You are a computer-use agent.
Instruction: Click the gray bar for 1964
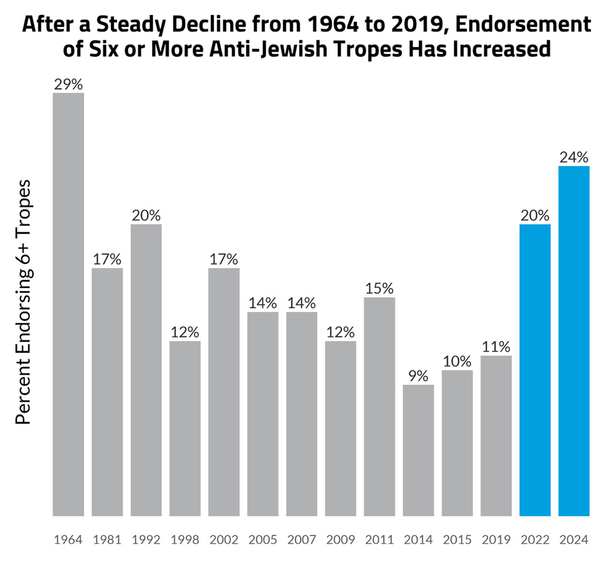[x=68, y=304]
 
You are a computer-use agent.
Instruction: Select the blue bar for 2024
[x=574, y=340]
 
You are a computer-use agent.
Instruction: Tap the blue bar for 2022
[x=535, y=369]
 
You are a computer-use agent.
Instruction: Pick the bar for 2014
[x=418, y=450]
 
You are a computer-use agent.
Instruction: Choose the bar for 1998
[x=185, y=428]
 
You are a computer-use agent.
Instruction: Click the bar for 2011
[x=379, y=406]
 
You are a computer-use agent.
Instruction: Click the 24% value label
[x=574, y=158]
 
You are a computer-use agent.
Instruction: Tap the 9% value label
[x=418, y=376]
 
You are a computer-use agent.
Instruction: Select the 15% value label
[x=379, y=289]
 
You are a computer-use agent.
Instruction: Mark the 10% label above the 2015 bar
[x=457, y=362]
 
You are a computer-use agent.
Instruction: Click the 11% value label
[x=496, y=347]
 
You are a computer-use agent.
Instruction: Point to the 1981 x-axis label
[x=107, y=539]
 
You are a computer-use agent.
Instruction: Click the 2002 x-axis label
[x=224, y=539]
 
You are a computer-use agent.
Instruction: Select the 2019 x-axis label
[x=496, y=539]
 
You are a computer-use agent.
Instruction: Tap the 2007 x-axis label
[x=302, y=539]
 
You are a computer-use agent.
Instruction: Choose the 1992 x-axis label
[x=146, y=539]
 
